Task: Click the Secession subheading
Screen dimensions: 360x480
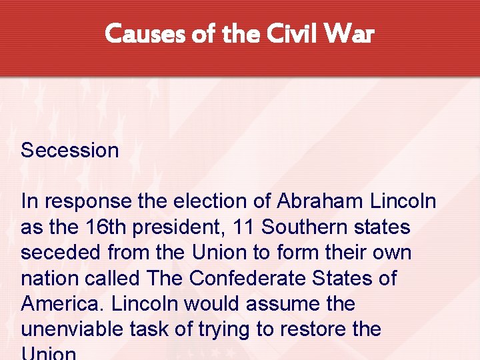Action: [x=69, y=150]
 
